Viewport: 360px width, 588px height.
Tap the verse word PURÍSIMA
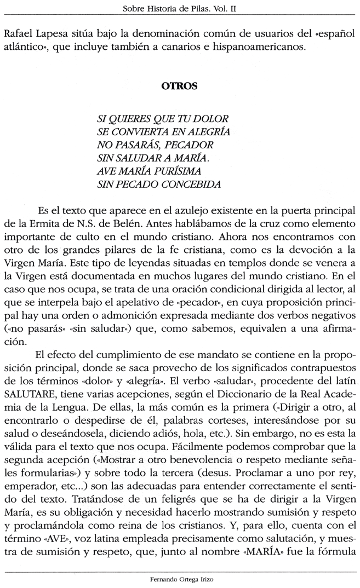(185, 171)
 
